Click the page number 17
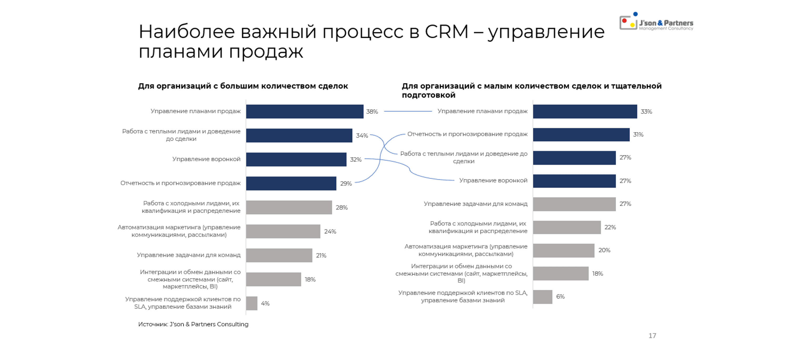click(x=652, y=336)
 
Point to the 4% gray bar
click(x=252, y=303)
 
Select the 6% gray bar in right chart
click(x=542, y=297)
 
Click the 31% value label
click(x=638, y=135)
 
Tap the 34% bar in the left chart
click(x=299, y=135)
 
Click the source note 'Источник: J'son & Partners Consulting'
click(x=193, y=324)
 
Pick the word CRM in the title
click(x=446, y=32)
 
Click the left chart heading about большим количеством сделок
click(x=243, y=86)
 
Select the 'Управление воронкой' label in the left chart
click(x=206, y=159)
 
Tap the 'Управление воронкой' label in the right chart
click(x=493, y=180)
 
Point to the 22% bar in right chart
click(x=567, y=227)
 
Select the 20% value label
click(x=604, y=250)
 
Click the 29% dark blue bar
click(x=291, y=183)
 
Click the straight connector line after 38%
click(x=408, y=111)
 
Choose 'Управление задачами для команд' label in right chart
click(x=475, y=204)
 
